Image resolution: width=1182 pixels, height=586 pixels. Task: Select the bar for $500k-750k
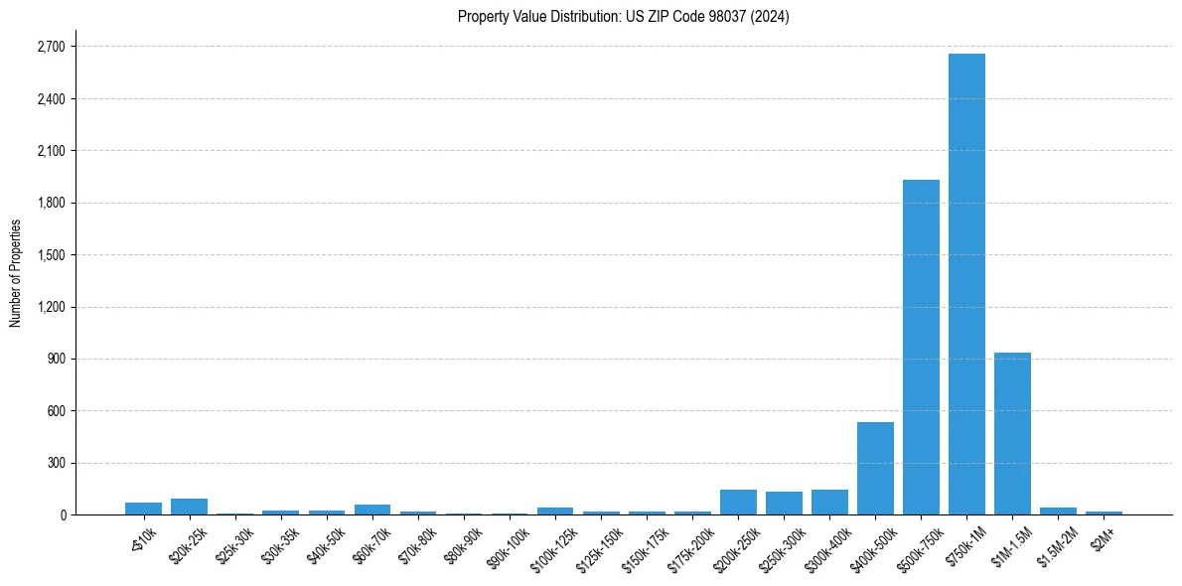(921, 347)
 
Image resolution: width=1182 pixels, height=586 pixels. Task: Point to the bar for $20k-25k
(189, 507)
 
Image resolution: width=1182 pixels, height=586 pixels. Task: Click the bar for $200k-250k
(738, 502)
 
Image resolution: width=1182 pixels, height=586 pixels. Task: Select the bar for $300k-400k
(829, 502)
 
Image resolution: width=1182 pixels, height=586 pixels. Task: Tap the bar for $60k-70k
(372, 510)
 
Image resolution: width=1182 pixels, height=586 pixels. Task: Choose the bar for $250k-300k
(784, 503)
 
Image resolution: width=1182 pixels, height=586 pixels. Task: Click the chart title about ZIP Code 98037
(623, 16)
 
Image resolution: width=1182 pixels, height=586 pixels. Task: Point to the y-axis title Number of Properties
(15, 273)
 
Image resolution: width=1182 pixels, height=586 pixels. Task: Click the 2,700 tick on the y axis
(50, 47)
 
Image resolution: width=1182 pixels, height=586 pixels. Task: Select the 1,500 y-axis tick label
(50, 254)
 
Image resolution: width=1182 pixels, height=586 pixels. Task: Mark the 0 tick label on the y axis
(62, 514)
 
